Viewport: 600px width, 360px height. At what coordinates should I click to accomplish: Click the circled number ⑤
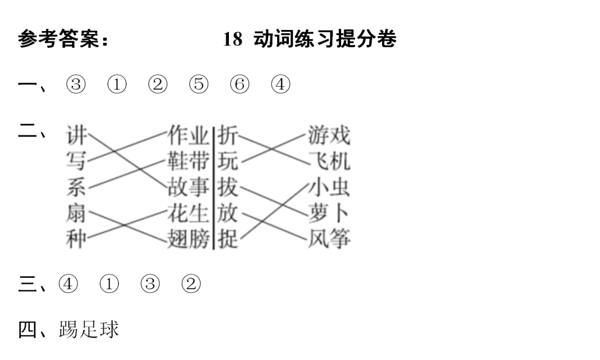click(x=198, y=85)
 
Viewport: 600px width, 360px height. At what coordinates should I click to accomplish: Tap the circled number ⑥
click(x=239, y=85)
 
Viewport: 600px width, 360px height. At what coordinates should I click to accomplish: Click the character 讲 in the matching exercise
click(x=76, y=135)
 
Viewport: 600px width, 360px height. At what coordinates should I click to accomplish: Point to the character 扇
click(x=76, y=213)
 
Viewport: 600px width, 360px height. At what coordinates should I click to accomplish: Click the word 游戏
click(x=329, y=135)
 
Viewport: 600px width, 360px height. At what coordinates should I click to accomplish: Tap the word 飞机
click(x=329, y=161)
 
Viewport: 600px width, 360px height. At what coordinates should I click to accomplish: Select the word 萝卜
click(x=329, y=213)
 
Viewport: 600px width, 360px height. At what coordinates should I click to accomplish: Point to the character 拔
click(x=228, y=187)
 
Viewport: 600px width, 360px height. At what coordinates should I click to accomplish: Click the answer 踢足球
click(x=89, y=329)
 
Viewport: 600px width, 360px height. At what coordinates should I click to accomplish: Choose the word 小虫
click(x=329, y=187)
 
